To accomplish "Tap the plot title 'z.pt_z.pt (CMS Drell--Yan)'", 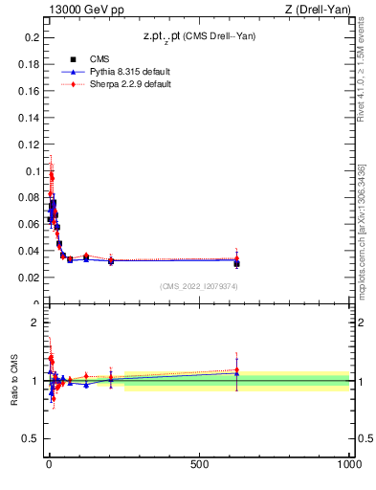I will tap(198, 36).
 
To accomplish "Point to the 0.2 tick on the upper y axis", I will tap(33, 37).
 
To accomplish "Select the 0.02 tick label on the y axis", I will tap(30, 278).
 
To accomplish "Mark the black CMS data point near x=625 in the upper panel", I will tap(236, 263).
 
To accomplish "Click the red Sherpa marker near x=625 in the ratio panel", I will tap(236, 370).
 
